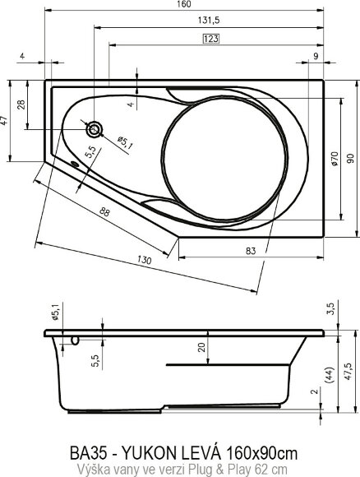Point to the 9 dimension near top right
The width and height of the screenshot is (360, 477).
point(316,56)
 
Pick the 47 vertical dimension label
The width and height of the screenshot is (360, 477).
point(5,121)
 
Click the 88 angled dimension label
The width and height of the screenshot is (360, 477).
point(105,212)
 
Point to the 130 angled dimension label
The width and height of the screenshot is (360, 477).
point(145,261)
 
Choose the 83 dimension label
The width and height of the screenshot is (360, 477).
point(251,250)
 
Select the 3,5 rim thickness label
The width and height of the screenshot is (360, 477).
point(330,309)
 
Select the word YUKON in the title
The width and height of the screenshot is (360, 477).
point(155,452)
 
